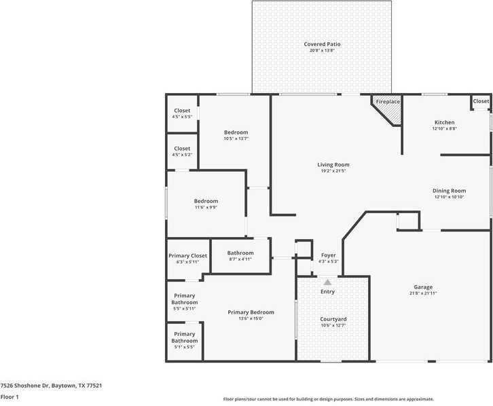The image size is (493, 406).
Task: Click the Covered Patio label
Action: pyautogui.click(x=322, y=44)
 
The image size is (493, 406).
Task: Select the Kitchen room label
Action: pyautogui.click(x=444, y=123)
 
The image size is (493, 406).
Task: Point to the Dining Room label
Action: pyautogui.click(x=449, y=191)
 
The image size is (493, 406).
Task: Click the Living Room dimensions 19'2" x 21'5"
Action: pyautogui.click(x=333, y=171)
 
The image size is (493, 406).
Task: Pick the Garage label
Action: pyautogui.click(x=423, y=287)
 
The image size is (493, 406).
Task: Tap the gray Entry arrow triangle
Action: pyautogui.click(x=327, y=282)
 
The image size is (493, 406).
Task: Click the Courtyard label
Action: pyautogui.click(x=333, y=319)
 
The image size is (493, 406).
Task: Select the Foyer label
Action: pyautogui.click(x=327, y=255)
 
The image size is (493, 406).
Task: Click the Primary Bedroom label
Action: pyautogui.click(x=251, y=312)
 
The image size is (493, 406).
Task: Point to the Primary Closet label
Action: pyautogui.click(x=187, y=256)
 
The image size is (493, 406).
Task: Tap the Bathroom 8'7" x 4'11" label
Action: pyautogui.click(x=240, y=253)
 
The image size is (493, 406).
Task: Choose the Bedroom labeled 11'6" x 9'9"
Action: pyautogui.click(x=206, y=201)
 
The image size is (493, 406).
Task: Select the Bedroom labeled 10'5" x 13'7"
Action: pyautogui.click(x=236, y=132)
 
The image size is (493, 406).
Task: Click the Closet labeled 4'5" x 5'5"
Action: pyautogui.click(x=182, y=111)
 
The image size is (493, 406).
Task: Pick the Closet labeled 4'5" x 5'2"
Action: pyautogui.click(x=182, y=149)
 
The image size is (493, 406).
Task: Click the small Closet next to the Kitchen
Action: pyautogui.click(x=481, y=101)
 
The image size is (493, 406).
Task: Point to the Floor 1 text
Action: pyautogui.click(x=10, y=396)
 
